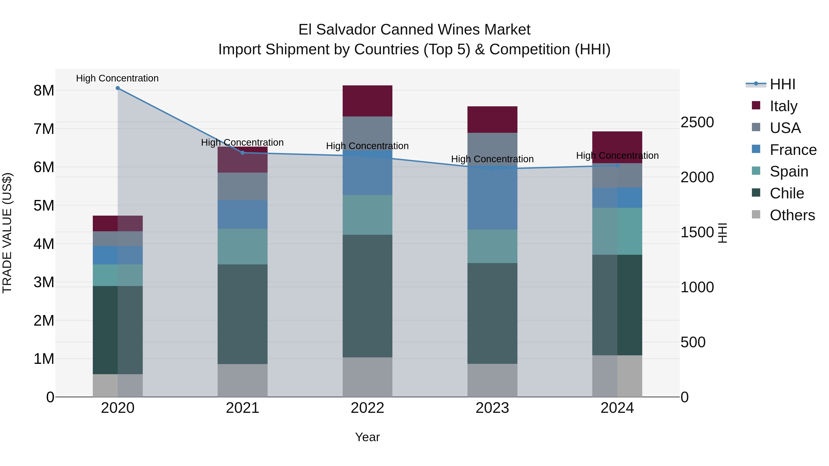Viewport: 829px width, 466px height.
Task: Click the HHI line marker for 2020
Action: [118, 88]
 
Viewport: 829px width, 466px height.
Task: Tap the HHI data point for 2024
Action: [617, 166]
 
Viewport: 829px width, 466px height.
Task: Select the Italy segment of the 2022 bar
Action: [368, 101]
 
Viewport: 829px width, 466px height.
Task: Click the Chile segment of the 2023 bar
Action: [492, 314]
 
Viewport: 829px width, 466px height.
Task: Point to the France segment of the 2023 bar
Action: [492, 199]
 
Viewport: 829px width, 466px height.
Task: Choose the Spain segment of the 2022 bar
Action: [368, 215]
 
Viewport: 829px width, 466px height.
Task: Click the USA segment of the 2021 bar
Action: [243, 187]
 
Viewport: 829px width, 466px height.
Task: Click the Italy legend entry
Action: [783, 106]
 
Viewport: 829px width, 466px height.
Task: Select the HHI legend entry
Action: [782, 84]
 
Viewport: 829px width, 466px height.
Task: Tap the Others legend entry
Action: [792, 215]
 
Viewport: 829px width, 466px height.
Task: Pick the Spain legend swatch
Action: [756, 171]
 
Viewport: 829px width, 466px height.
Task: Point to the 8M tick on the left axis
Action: [44, 91]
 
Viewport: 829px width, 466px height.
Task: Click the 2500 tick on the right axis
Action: [697, 122]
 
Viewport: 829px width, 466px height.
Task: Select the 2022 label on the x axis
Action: [368, 408]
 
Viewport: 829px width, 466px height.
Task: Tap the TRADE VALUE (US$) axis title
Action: [7, 233]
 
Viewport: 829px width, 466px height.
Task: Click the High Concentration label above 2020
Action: [117, 78]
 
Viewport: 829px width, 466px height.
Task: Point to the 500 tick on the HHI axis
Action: [693, 342]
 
